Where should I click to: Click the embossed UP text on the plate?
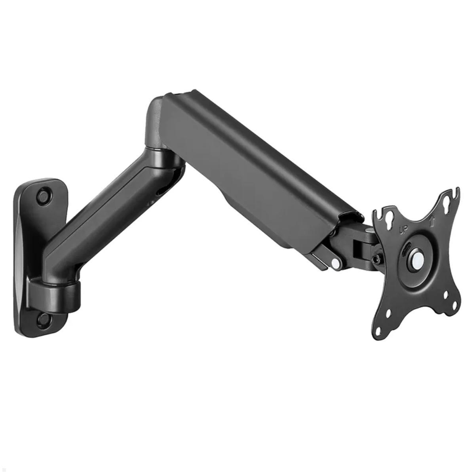click(403, 228)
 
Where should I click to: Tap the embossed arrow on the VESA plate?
click(433, 220)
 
